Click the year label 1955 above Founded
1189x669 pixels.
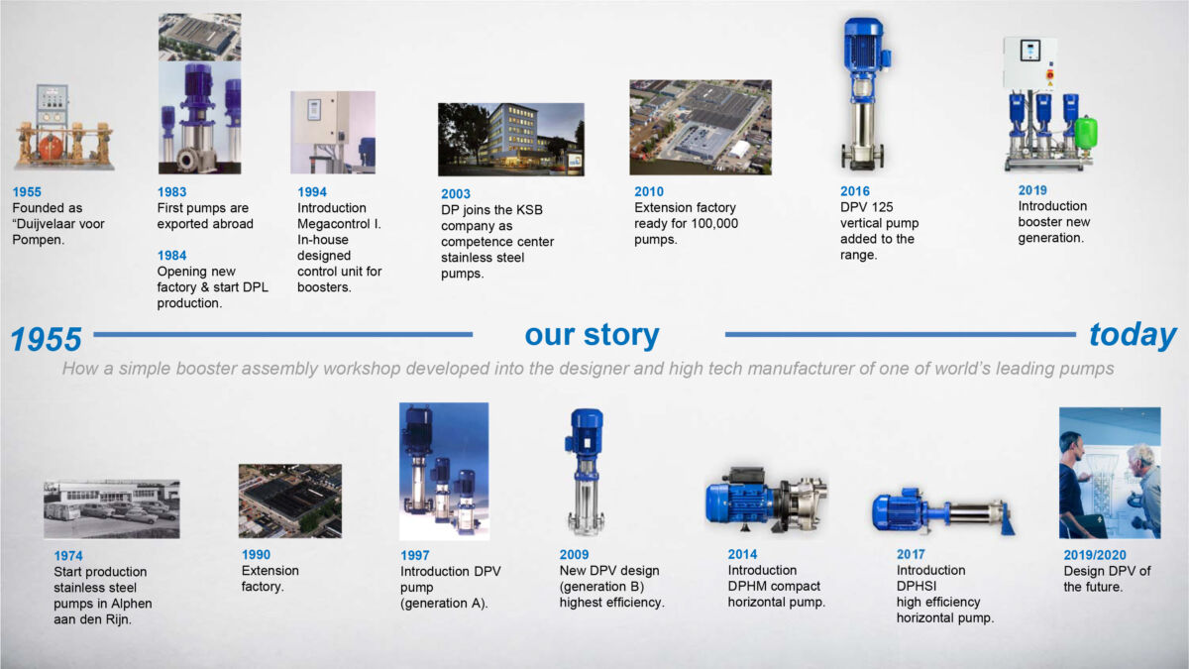point(28,192)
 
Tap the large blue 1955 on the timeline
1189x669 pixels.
point(46,340)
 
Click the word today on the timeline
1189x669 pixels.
point(1133,335)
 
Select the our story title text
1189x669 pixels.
point(592,335)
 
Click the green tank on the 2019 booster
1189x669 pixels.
point(1087,133)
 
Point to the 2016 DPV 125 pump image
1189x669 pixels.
point(862,94)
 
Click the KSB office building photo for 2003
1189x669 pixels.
point(510,140)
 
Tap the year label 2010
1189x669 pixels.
point(650,192)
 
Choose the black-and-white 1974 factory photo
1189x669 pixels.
point(111,509)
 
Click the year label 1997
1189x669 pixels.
point(415,556)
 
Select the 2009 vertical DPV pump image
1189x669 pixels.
point(584,471)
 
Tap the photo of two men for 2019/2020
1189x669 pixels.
point(1109,473)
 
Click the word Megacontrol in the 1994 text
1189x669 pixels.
point(332,224)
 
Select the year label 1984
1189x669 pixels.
point(172,255)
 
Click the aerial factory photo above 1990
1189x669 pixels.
point(289,501)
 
